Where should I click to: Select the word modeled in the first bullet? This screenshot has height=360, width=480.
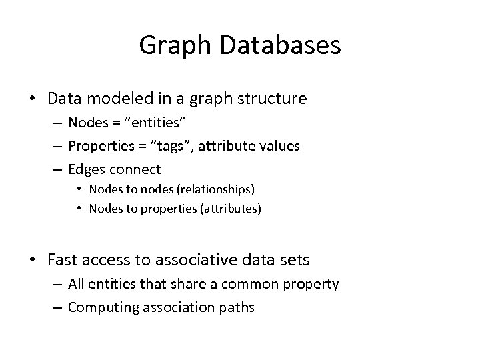point(117,99)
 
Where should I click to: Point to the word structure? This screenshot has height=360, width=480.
point(274,99)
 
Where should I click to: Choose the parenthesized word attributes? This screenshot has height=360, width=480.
point(229,209)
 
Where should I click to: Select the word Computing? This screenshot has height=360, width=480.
point(100,307)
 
